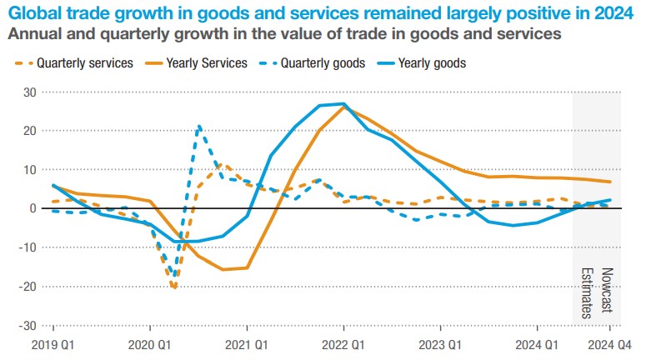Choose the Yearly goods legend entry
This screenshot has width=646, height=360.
click(x=432, y=63)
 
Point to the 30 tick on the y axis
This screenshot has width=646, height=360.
click(x=29, y=92)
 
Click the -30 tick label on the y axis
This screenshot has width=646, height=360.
click(x=27, y=326)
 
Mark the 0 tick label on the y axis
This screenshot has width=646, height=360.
click(x=33, y=208)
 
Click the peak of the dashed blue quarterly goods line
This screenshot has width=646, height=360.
click(x=199, y=127)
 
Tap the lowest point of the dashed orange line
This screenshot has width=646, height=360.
click(x=173, y=287)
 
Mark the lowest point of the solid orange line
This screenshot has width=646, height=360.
click(x=223, y=269)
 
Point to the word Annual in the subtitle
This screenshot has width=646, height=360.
click(x=31, y=34)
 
